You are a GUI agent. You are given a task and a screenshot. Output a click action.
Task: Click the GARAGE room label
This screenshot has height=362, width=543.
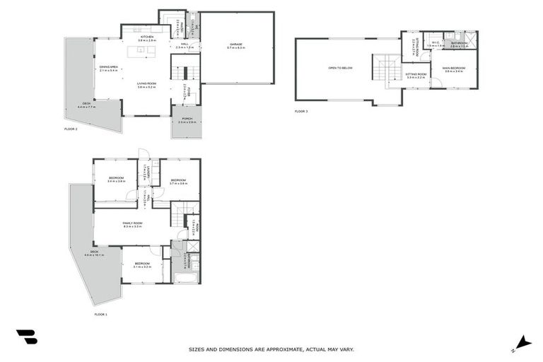point(235,45)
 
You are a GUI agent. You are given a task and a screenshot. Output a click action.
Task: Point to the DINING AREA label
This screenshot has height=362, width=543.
point(108,68)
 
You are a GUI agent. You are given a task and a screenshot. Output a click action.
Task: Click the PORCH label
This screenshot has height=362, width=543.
point(187,119)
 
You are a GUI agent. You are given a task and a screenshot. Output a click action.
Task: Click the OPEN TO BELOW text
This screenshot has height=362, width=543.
point(340,68)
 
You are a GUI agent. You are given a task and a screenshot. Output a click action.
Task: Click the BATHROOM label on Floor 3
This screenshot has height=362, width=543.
point(459,43)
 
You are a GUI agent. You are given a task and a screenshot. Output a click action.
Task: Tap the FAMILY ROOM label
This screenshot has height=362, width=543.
point(132,224)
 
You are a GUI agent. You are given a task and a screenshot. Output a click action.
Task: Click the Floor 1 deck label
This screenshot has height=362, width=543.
point(94,253)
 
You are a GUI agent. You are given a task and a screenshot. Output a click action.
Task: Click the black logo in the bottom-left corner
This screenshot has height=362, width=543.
point(26,337)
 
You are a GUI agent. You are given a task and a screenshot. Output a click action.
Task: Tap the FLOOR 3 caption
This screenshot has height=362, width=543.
point(301,112)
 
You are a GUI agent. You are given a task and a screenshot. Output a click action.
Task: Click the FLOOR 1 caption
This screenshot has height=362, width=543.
point(100,314)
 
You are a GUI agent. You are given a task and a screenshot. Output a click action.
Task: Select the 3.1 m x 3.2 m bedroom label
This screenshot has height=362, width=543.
point(141,266)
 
